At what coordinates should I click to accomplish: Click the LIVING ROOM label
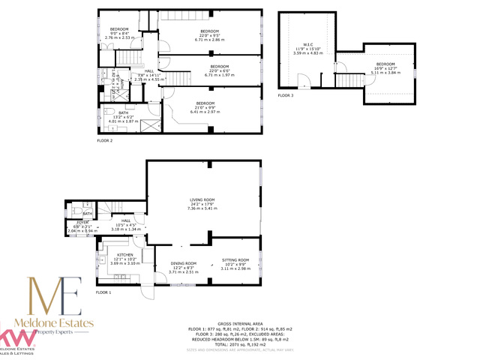(x=202, y=199)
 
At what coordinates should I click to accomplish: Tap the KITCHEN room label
(x=104, y=255)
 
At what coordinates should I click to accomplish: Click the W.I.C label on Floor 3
(x=307, y=44)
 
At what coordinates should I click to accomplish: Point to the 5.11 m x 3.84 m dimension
(x=385, y=73)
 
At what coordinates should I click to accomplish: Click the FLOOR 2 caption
(x=104, y=140)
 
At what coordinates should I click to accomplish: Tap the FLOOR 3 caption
(x=286, y=95)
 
